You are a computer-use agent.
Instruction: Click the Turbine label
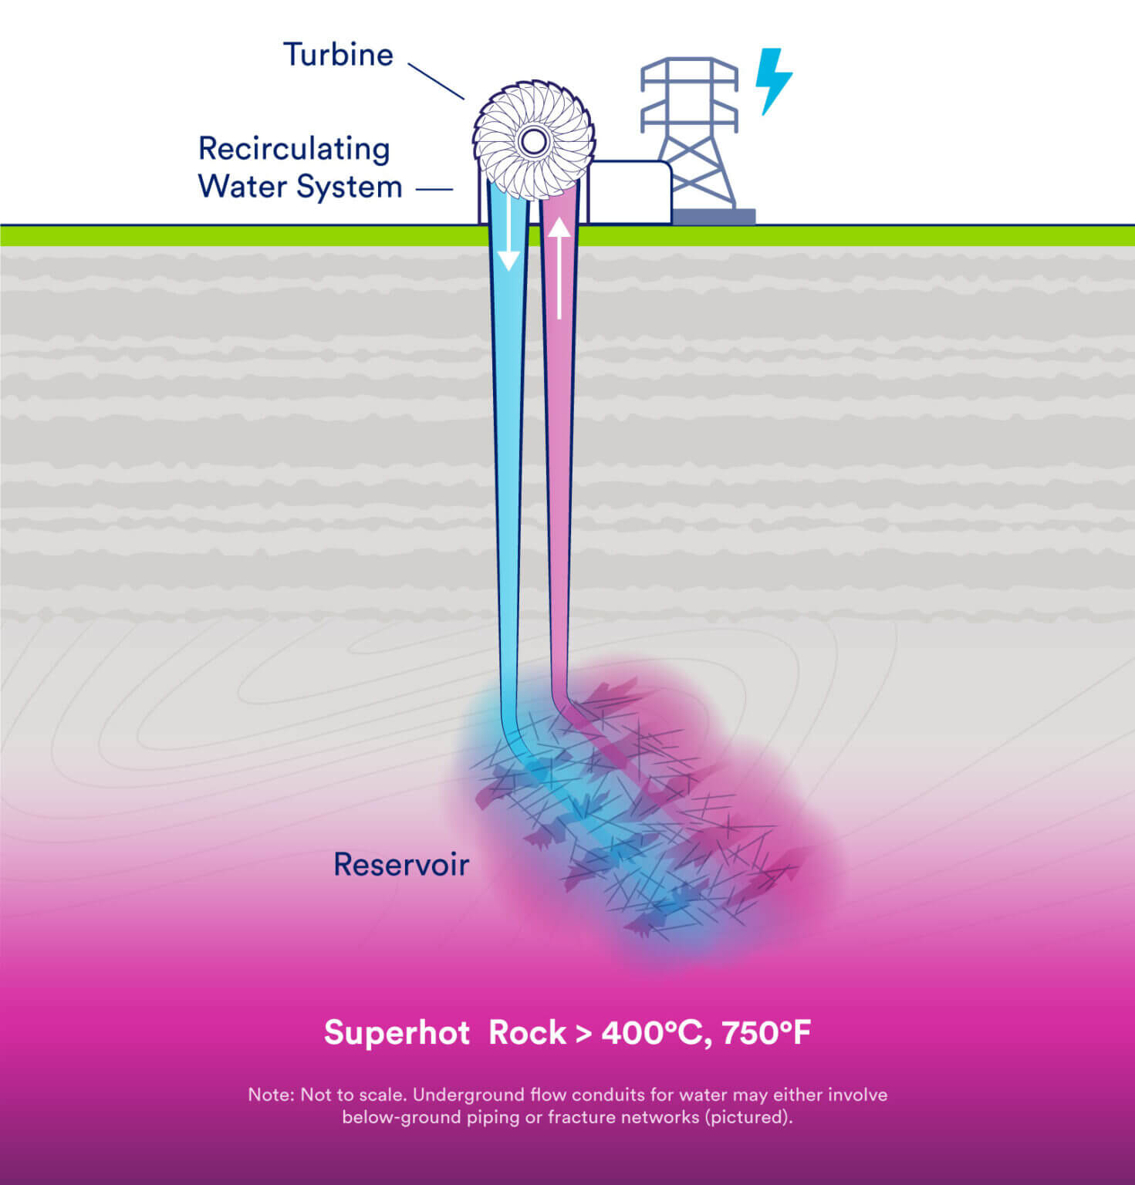coord(338,55)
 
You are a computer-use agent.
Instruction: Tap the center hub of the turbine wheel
coord(532,141)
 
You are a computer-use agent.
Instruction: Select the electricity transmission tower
coord(689,131)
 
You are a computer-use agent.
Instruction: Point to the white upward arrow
coord(559,266)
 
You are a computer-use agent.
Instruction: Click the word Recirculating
coord(294,149)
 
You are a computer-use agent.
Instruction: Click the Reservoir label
coord(400,865)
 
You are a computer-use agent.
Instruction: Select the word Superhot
coord(397,1033)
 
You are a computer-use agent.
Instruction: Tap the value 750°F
coord(766,1033)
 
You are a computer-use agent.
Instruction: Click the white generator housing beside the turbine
coord(630,192)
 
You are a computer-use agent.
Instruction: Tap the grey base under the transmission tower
coord(714,217)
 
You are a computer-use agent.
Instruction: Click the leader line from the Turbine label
coord(435,81)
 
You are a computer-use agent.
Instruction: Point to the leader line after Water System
coord(434,188)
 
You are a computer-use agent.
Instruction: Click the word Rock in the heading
coord(527,1033)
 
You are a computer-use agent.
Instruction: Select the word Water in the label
coord(243,187)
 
